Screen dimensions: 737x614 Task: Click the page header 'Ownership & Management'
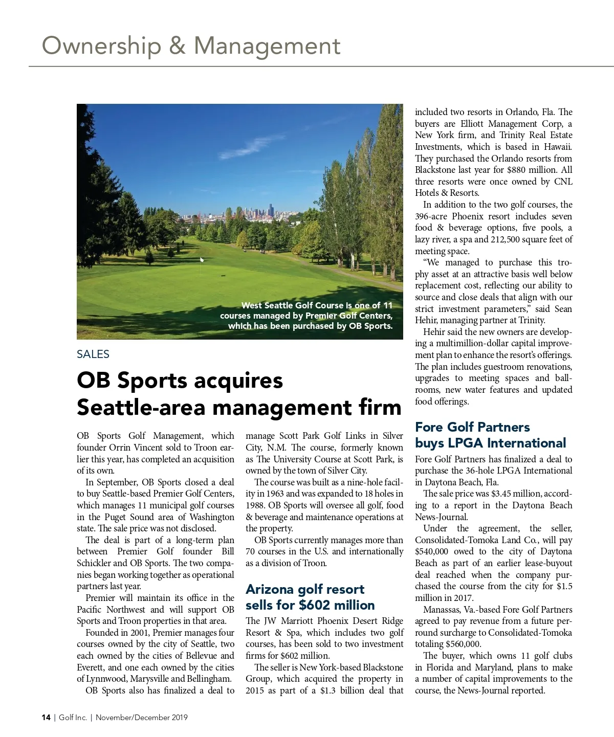tap(191, 46)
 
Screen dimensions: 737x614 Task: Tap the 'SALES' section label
tap(93, 354)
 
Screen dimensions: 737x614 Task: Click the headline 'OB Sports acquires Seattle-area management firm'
tap(239, 394)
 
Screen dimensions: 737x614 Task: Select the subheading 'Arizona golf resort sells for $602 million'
tap(310, 597)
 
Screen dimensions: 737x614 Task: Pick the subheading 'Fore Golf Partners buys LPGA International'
tap(490, 435)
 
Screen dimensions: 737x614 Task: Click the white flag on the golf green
tap(202, 259)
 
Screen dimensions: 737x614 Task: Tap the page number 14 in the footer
tap(46, 718)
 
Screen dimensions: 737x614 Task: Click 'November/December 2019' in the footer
tap(142, 718)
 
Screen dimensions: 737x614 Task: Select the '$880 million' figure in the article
tap(532, 170)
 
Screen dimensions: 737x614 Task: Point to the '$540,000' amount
tap(432, 551)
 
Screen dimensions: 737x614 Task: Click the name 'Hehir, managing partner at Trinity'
tap(480, 320)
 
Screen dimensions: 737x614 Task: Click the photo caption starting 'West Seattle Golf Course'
tap(307, 316)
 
